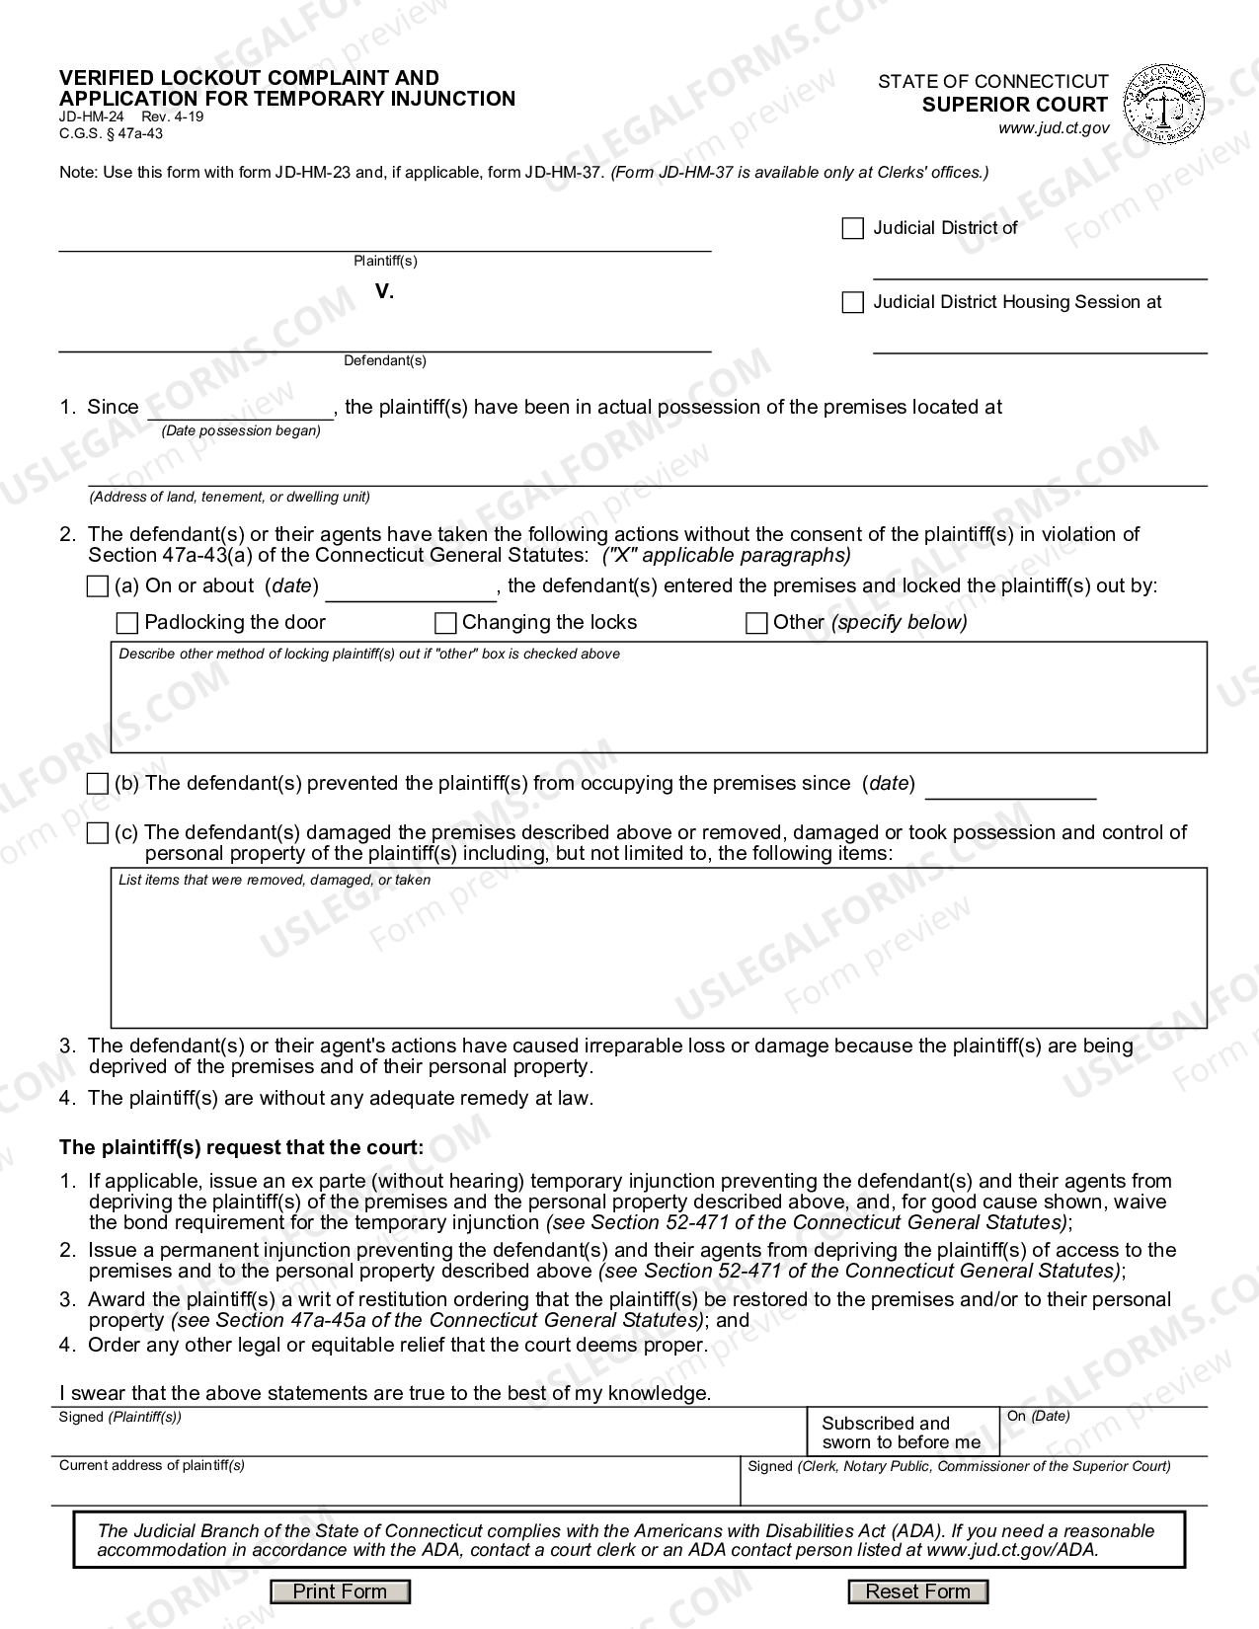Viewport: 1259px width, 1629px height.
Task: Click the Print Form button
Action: click(341, 1591)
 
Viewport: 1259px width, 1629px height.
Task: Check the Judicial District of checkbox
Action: click(852, 229)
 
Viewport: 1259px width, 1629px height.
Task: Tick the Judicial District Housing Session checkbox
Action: click(852, 303)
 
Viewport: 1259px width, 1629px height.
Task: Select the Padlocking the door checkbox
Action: click(127, 623)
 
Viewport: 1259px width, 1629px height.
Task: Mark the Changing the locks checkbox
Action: click(445, 623)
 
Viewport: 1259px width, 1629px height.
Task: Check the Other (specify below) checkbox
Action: click(756, 623)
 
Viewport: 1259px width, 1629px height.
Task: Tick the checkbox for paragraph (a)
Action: click(97, 586)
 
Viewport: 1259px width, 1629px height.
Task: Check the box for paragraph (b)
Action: click(97, 784)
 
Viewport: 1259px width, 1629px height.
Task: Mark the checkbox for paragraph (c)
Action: click(97, 833)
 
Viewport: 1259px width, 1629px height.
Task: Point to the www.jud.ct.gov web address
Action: click(1053, 128)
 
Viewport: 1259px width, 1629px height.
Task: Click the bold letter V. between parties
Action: click(384, 291)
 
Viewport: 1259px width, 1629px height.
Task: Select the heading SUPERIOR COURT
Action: click(1014, 105)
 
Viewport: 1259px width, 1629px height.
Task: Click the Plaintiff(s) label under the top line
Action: click(385, 261)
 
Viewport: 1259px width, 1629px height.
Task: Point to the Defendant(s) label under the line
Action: click(385, 360)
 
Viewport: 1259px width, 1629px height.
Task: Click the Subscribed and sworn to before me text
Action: click(901, 1433)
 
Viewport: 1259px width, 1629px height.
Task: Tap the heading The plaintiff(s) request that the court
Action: click(241, 1147)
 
